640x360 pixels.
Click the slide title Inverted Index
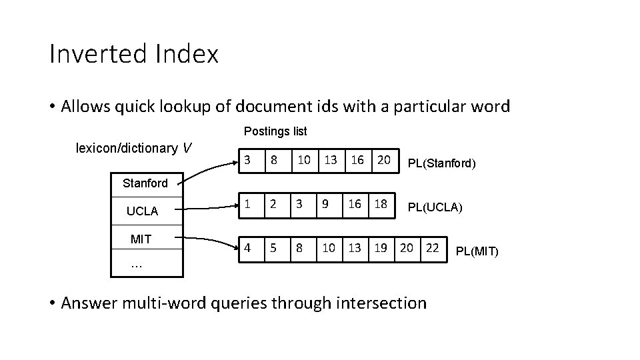(133, 55)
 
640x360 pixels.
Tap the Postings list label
(275, 131)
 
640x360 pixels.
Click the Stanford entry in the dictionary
(145, 183)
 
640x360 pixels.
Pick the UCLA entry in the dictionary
(142, 211)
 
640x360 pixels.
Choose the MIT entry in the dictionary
(141, 239)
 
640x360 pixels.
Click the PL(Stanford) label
(441, 162)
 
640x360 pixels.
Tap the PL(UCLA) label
(435, 207)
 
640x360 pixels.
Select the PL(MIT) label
(477, 252)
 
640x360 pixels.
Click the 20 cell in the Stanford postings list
(383, 159)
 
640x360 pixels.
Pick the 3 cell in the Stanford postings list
(247, 159)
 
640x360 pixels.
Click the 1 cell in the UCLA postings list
(247, 205)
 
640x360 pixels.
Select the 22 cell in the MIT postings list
(432, 249)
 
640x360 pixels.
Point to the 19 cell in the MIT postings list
(380, 249)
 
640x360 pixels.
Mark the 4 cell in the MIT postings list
(247, 249)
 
